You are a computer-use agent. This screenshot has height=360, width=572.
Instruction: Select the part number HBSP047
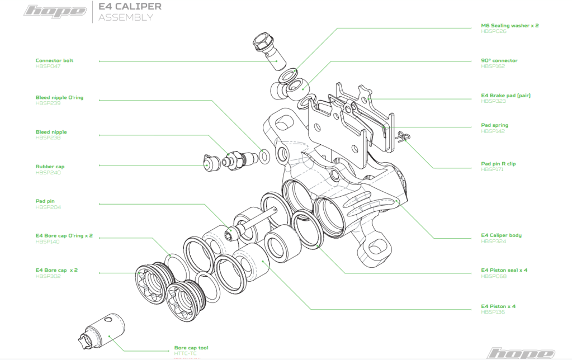tap(48, 67)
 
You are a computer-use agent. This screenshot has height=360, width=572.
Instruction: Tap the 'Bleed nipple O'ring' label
tap(59, 97)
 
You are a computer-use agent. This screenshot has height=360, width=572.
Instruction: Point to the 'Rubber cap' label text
tap(49, 167)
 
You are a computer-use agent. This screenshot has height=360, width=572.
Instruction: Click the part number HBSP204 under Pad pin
tap(48, 207)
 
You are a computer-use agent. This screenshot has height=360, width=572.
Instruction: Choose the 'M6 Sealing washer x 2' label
tap(509, 26)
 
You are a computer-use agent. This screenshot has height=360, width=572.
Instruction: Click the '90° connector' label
tap(499, 60)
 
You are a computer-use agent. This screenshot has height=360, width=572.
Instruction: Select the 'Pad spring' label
tap(494, 125)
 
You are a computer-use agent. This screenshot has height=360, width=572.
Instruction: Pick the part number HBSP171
tap(492, 169)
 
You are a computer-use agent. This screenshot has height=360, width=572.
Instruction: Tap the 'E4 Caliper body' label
tap(501, 235)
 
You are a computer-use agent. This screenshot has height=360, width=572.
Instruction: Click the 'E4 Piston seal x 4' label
tap(504, 270)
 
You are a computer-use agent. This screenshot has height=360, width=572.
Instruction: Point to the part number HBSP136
tap(493, 312)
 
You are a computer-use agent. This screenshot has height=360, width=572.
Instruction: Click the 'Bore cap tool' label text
tap(191, 348)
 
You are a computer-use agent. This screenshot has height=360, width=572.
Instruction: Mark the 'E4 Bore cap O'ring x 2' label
tap(64, 235)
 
